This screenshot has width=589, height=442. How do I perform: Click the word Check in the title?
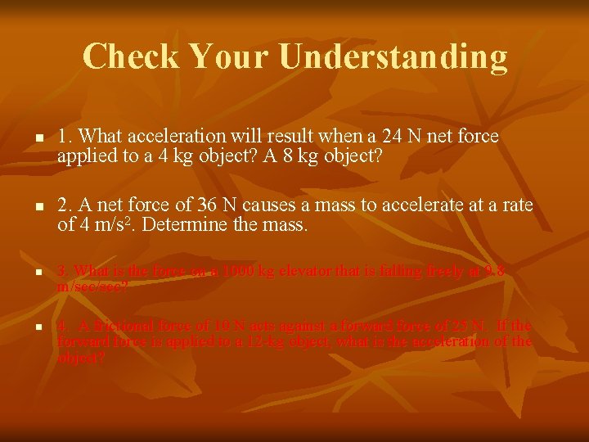tap(131, 56)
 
